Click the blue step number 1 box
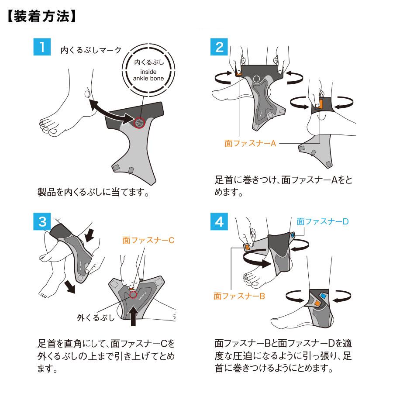tap(42, 47)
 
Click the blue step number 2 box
tap(219, 47)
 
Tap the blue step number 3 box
tap(42, 221)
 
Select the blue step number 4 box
tap(219, 221)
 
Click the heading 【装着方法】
tap(41, 16)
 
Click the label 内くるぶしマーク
tap(91, 50)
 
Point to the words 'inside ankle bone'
tap(148, 75)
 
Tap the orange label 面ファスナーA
tap(250, 143)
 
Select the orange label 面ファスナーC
tap(148, 240)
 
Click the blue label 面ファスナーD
tap(322, 221)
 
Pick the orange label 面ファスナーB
tap(239, 296)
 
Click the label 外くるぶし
tap(96, 318)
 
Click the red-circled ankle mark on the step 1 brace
tap(139, 123)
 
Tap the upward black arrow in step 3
tap(134, 316)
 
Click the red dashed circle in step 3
tap(133, 295)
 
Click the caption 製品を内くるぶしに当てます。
tap(93, 192)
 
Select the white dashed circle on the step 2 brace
tap(256, 79)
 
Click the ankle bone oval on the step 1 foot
tap(87, 94)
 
